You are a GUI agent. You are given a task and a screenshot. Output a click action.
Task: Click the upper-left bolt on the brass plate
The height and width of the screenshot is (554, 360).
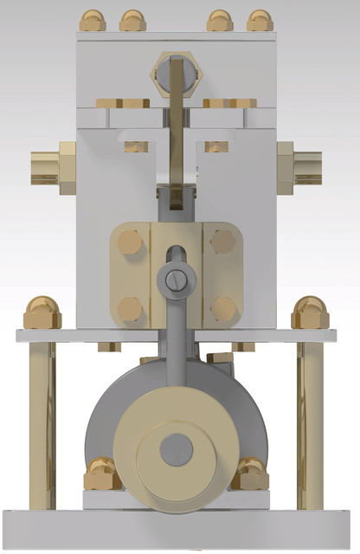[x=131, y=242]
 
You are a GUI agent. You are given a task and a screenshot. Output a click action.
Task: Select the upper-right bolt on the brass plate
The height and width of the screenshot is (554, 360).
[x=222, y=242]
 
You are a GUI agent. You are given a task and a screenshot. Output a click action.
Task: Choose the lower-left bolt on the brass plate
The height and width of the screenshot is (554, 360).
[x=131, y=308]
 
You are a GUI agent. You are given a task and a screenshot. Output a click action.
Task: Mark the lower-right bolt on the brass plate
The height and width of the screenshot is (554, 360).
[x=222, y=308]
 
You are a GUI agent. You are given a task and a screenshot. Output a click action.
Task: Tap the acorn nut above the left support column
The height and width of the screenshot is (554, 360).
[x=42, y=312]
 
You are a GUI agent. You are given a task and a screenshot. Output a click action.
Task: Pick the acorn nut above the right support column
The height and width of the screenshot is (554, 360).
[x=311, y=312]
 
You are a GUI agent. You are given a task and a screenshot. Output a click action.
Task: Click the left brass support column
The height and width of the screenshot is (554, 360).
[x=42, y=424]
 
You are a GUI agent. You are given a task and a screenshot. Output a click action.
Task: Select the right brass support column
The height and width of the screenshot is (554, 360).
[x=311, y=424]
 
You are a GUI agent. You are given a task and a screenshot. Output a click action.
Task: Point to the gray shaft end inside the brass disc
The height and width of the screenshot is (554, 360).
[x=177, y=448]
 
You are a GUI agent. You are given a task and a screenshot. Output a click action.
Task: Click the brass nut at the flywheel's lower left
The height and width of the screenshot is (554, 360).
[x=101, y=474]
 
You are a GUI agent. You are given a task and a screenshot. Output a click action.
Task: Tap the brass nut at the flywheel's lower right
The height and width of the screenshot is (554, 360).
[x=251, y=474]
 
